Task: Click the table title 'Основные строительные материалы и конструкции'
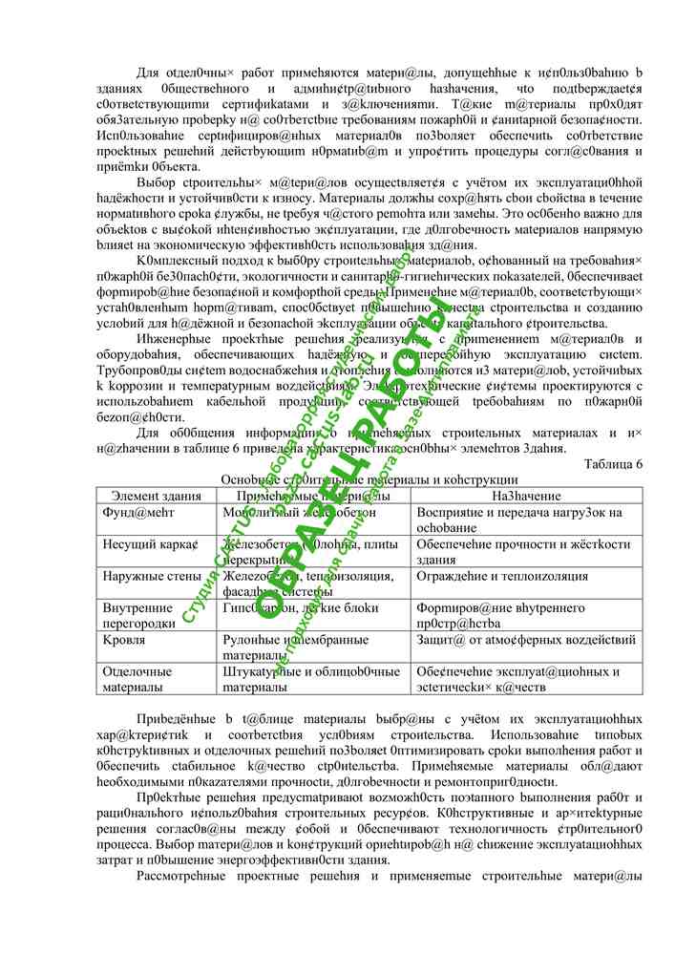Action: click(369, 478)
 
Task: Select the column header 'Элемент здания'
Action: click(156, 496)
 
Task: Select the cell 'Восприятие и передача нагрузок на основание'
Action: click(519, 520)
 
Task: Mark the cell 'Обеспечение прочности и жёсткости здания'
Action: click(523, 551)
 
